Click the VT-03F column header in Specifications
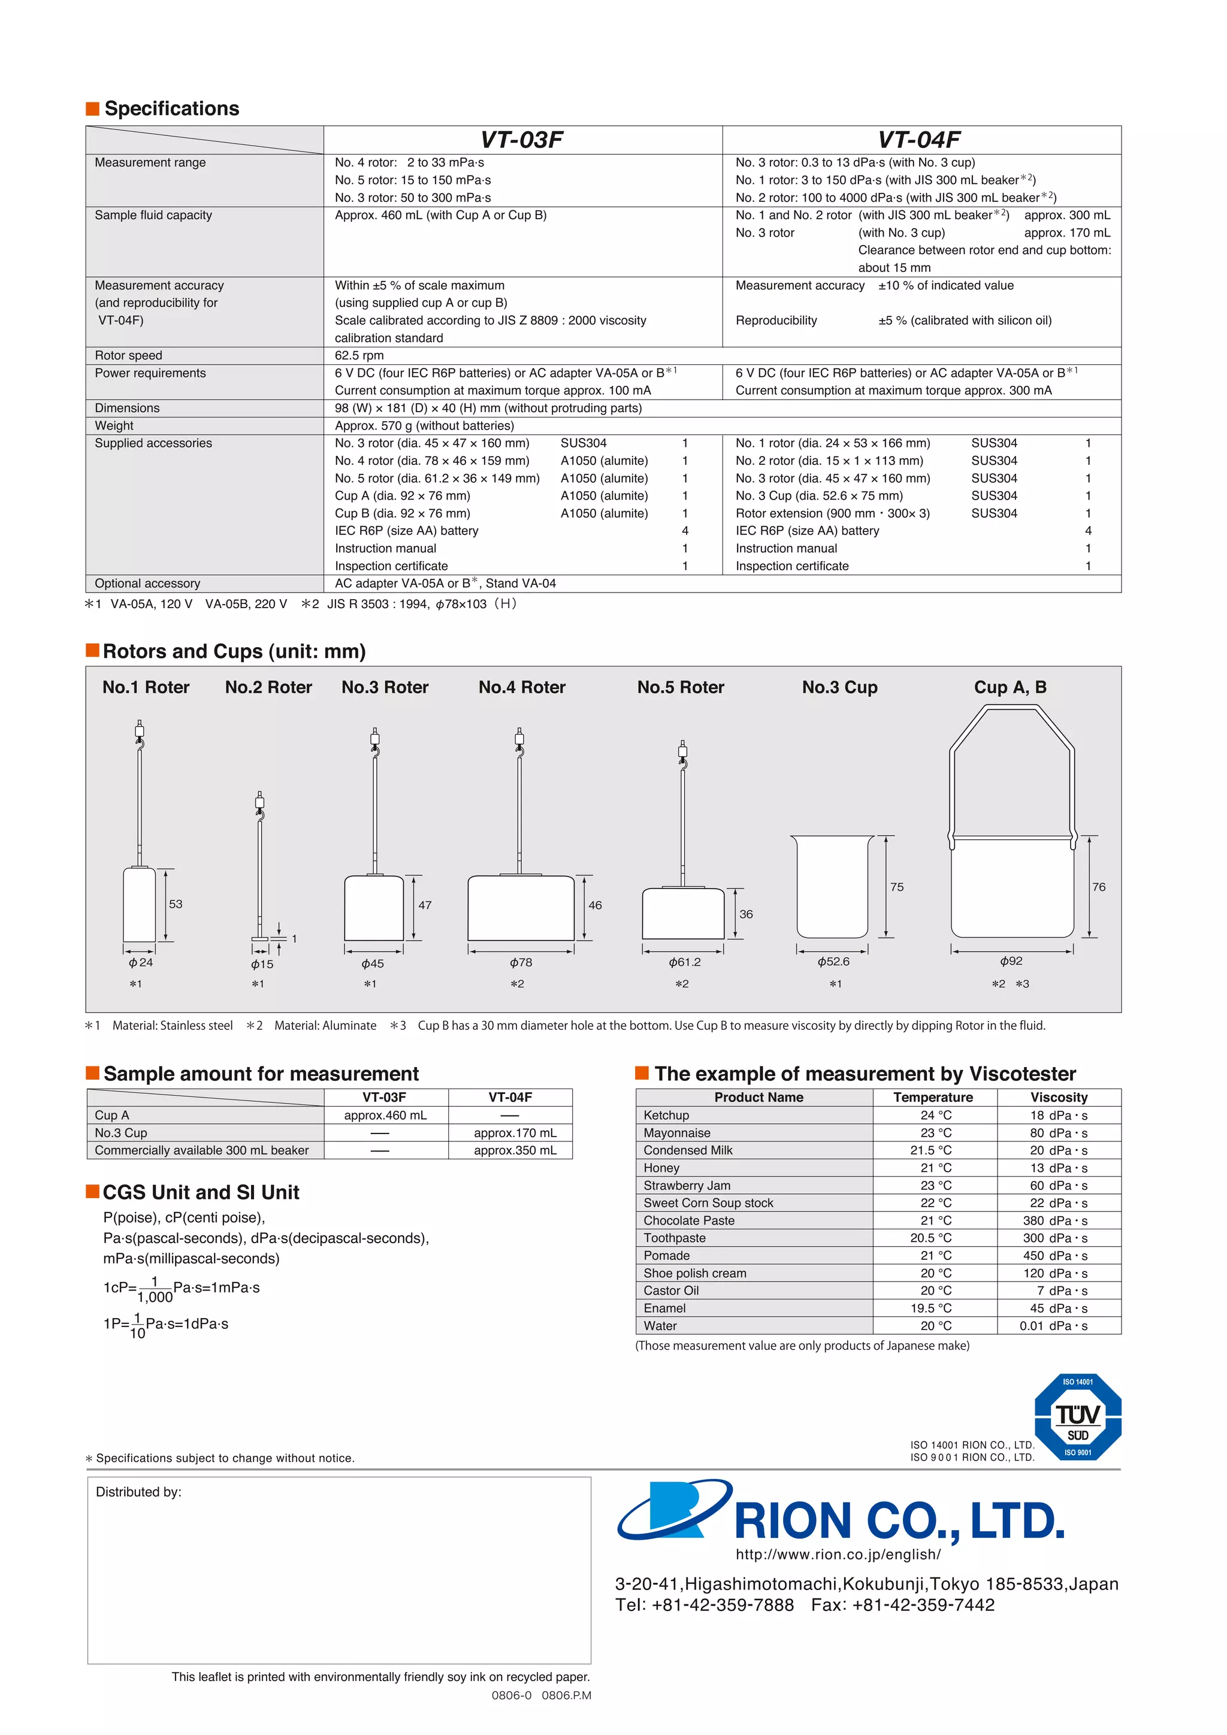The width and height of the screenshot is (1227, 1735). (x=522, y=140)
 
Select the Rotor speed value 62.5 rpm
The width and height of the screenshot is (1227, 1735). (x=359, y=355)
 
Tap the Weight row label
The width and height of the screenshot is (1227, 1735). (x=114, y=425)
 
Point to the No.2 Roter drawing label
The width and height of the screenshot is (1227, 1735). (x=268, y=687)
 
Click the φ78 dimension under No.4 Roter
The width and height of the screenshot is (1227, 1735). (x=521, y=962)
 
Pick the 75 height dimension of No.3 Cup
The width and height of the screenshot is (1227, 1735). (x=897, y=887)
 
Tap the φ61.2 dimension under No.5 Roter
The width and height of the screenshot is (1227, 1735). (x=685, y=962)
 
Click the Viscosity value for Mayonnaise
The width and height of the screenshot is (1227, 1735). (x=1059, y=1133)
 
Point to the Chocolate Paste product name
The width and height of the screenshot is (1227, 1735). (x=688, y=1220)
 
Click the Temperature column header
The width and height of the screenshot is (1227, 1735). (x=932, y=1097)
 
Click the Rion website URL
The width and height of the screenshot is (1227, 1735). (x=838, y=1555)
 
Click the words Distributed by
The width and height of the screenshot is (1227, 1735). (x=138, y=1492)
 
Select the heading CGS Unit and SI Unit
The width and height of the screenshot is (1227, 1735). (x=201, y=1192)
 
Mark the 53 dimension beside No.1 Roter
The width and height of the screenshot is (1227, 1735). (x=176, y=904)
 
